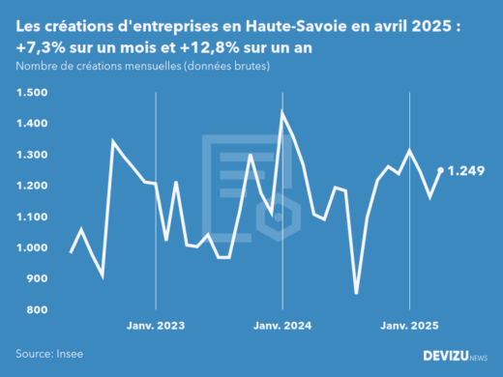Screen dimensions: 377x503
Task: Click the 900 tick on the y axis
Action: coord(36,278)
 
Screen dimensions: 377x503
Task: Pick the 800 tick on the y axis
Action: coord(36,309)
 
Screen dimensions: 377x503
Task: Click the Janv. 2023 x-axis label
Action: coord(156,326)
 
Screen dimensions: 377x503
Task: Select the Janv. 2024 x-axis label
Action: coord(282,326)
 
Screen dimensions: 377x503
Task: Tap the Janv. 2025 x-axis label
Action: coord(410,326)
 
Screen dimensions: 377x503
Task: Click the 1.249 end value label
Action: coord(470,171)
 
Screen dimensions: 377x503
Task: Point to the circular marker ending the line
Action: coord(441,170)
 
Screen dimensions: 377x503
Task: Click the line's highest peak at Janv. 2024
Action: coord(282,112)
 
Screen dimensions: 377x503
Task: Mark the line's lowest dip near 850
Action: coord(356,293)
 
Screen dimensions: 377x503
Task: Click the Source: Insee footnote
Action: coord(48,355)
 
